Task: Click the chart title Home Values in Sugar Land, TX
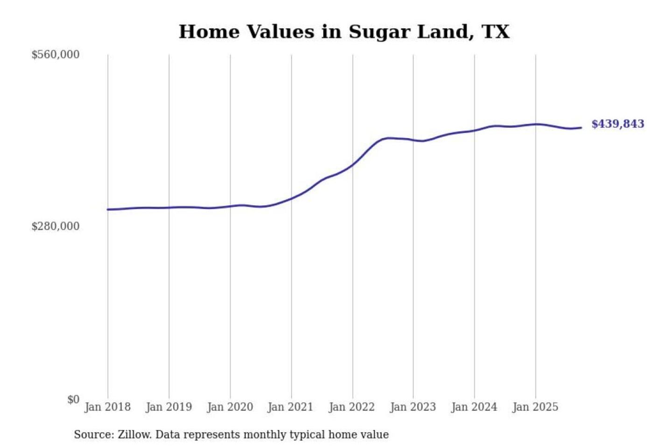tap(344, 32)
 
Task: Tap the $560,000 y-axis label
tap(55, 55)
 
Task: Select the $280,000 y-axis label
tap(55, 226)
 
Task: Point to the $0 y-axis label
tap(73, 399)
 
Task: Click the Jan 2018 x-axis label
tap(107, 407)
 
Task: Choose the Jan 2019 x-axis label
tap(168, 407)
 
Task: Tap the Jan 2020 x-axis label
tap(230, 407)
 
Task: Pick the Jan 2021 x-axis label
tap(290, 407)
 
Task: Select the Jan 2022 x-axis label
tap(352, 407)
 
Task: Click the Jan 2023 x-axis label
tap(413, 407)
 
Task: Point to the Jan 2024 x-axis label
tap(474, 407)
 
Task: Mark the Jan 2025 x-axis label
tap(535, 407)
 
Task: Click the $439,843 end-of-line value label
tap(617, 124)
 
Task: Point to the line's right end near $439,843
tap(581, 127)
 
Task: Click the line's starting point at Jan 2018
tap(108, 210)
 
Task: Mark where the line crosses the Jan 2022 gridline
tap(353, 164)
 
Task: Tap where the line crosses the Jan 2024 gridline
tap(475, 130)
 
